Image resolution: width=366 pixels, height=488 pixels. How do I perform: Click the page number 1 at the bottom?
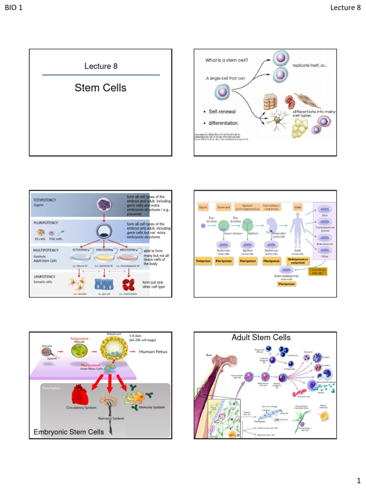tap(358, 479)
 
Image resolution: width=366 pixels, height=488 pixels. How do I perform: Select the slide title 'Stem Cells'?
tap(101, 88)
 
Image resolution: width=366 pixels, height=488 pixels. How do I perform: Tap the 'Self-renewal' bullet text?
tap(222, 112)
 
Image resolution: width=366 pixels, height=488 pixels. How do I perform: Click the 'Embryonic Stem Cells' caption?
tap(69, 432)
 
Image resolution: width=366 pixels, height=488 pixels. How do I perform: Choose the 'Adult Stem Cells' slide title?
tap(261, 338)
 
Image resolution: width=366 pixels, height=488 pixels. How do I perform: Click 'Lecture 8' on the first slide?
tap(101, 66)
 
